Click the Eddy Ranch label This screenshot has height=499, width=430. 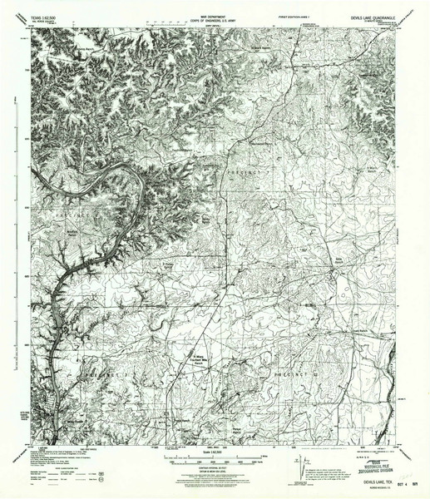(x=339, y=284)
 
